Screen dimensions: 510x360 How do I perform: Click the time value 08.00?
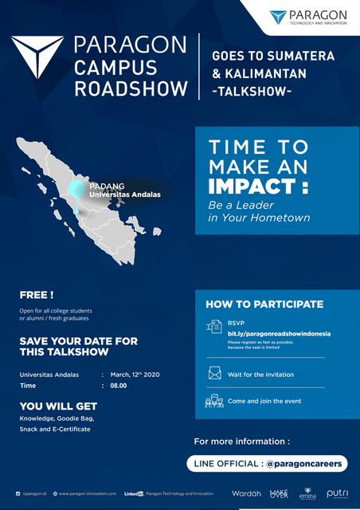119,387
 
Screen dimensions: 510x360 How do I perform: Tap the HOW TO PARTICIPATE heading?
264,304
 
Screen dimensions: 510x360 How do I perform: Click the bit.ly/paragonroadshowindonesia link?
268,332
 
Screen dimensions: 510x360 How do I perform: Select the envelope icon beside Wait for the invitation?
215,373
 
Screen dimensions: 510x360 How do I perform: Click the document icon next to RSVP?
215,326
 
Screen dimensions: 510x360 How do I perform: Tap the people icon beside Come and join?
214,402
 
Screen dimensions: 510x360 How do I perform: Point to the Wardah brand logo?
246,493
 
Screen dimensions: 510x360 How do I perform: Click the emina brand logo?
307,494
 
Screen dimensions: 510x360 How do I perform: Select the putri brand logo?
337,494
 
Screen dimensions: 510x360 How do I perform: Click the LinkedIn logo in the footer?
134,494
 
